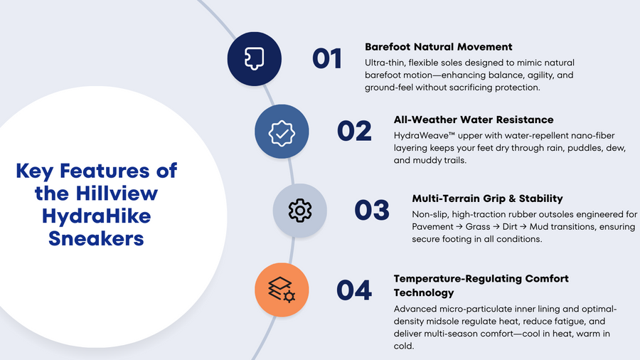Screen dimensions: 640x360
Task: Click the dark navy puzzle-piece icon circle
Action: pyautogui.click(x=255, y=59)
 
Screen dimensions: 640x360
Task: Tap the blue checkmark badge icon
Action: pyautogui.click(x=282, y=132)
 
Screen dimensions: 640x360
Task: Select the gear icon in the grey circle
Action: pyautogui.click(x=300, y=210)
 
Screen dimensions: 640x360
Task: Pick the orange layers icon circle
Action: pyautogui.click(x=282, y=290)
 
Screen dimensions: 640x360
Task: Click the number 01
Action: pyautogui.click(x=327, y=59)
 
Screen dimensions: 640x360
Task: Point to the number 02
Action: pyautogui.click(x=354, y=131)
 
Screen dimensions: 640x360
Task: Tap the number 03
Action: pyautogui.click(x=372, y=210)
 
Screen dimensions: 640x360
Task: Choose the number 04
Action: pyautogui.click(x=354, y=290)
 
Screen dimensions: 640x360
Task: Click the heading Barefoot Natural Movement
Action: pyautogui.click(x=438, y=47)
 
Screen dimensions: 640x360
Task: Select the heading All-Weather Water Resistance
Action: pyautogui.click(x=474, y=120)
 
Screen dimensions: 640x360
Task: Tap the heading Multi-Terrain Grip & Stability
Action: pyautogui.click(x=487, y=198)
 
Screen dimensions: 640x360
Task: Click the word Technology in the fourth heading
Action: pyautogui.click(x=424, y=293)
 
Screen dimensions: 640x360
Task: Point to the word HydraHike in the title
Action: pyautogui.click(x=96, y=216)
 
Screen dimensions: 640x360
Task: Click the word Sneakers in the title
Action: pyautogui.click(x=96, y=238)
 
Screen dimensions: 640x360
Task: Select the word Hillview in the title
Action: pyautogui.click(x=117, y=194)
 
